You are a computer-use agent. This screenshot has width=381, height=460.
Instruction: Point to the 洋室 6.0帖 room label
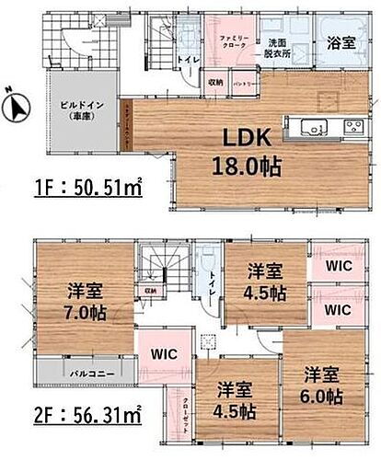click(322, 385)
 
